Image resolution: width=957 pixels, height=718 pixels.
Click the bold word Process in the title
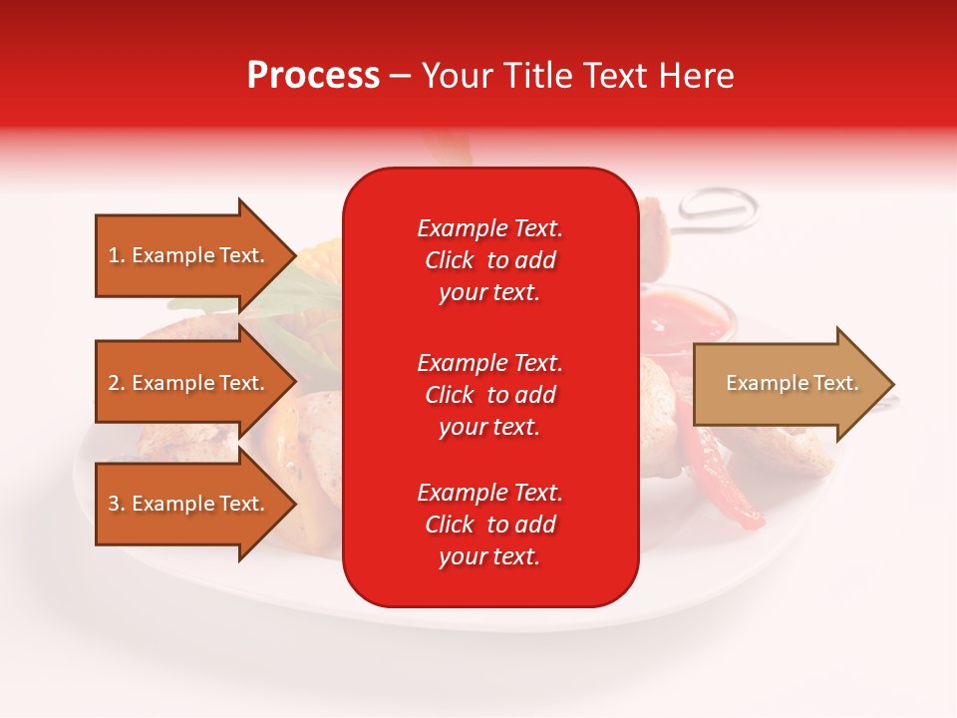click(313, 76)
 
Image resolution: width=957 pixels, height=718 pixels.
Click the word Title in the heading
click(539, 76)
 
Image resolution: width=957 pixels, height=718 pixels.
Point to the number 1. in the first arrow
click(117, 255)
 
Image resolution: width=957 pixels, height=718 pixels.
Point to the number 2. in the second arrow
click(117, 383)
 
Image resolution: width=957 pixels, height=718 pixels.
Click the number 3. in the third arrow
click(117, 504)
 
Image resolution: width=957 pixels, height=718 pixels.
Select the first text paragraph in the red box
click(489, 260)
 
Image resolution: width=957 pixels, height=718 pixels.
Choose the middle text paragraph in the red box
click(489, 395)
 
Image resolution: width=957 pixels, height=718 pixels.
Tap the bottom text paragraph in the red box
click(489, 525)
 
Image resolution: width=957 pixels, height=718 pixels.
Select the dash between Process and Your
click(400, 77)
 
